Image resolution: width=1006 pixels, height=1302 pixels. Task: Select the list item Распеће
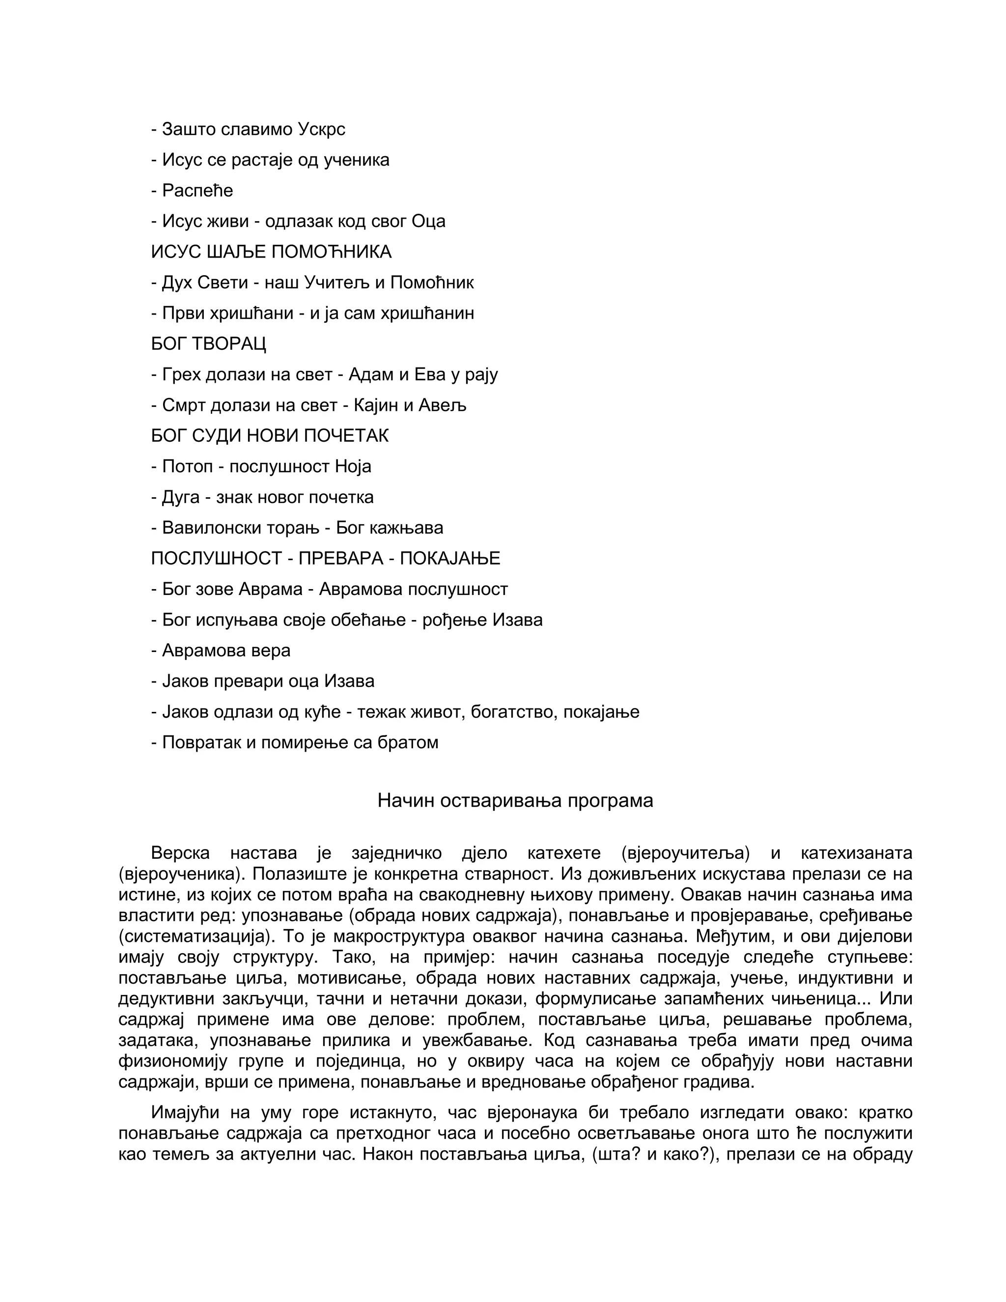(x=196, y=191)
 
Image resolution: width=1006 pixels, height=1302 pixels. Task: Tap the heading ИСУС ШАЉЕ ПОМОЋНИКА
(x=271, y=252)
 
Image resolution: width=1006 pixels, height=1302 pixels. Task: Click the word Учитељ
(x=336, y=283)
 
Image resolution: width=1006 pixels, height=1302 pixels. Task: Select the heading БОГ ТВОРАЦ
(x=209, y=344)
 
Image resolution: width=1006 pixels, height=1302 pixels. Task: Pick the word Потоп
(x=187, y=466)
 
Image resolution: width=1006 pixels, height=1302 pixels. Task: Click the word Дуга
(x=181, y=497)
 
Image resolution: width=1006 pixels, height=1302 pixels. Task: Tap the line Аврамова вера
(x=226, y=651)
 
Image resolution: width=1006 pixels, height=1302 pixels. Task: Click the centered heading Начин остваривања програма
(x=515, y=801)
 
